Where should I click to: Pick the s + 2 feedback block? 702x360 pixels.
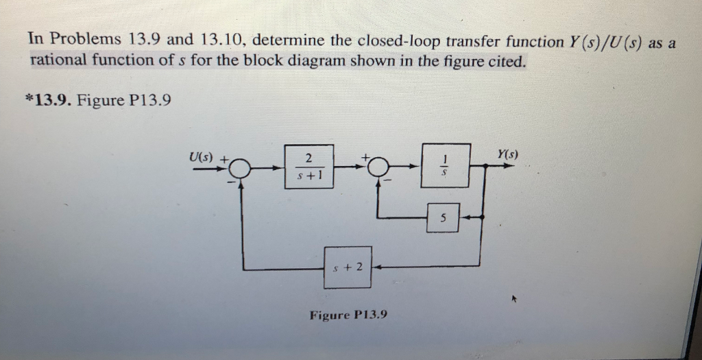pos(348,266)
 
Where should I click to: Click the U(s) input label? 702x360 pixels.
pos(202,158)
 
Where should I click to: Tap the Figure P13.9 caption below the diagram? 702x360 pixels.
pos(348,315)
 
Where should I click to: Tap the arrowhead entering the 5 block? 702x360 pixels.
pos(462,217)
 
